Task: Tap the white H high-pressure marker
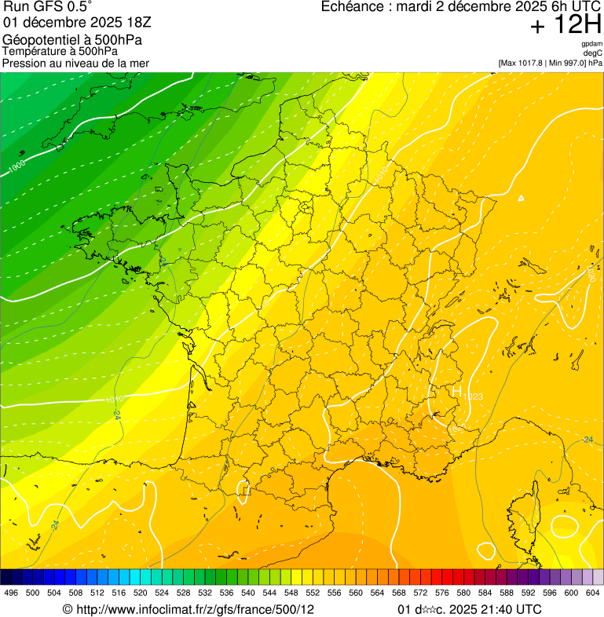tap(456, 390)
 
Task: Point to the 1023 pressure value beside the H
tap(473, 396)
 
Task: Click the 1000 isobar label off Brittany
tap(16, 167)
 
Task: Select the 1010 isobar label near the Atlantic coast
tap(114, 400)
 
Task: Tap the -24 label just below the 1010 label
tap(116, 414)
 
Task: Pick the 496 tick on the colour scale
tap(11, 593)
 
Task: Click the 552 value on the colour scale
tap(313, 593)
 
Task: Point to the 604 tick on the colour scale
tap(593, 593)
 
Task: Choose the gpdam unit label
tap(592, 44)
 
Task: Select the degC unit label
tap(594, 53)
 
